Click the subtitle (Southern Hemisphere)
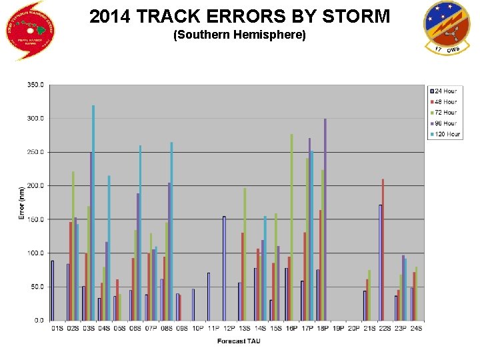239,34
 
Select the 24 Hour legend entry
444,91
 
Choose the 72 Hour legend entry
444,113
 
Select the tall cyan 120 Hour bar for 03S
93,213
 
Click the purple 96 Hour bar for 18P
325,220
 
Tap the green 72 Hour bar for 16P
291,227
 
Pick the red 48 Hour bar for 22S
383,249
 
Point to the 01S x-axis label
57,327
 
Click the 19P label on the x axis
338,327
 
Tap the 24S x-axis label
416,327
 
